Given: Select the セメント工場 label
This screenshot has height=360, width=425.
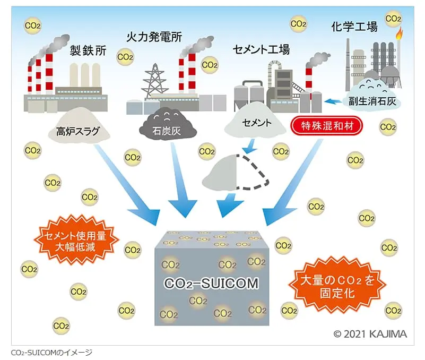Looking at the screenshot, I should [261, 50].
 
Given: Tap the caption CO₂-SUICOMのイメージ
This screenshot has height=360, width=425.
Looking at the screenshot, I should [51, 352].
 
